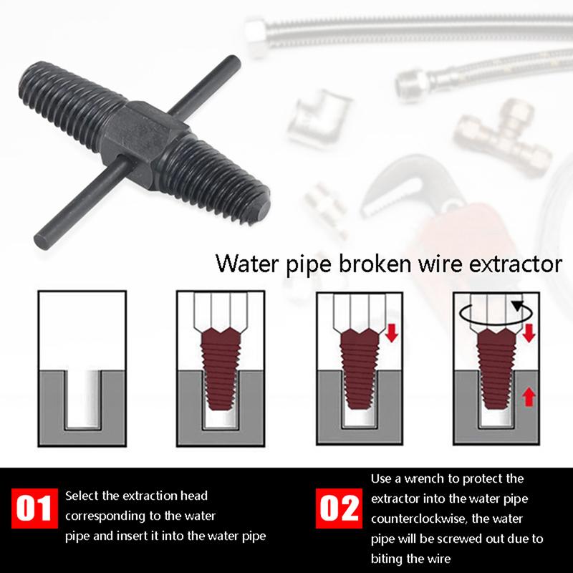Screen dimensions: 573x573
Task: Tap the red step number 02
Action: click(x=337, y=508)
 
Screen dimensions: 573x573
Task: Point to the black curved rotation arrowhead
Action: click(x=516, y=306)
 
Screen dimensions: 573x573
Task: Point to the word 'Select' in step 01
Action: click(x=80, y=496)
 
